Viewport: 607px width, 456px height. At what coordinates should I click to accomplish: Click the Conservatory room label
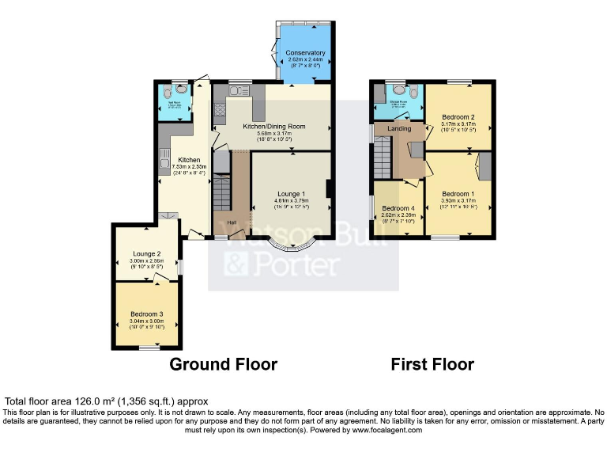pos(305,53)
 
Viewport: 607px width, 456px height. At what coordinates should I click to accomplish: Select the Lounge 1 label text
pos(291,193)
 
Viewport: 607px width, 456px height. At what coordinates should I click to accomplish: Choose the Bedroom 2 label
pos(458,116)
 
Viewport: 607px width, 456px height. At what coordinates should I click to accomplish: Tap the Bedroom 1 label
pos(458,194)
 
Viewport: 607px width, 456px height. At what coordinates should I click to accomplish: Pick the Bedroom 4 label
pos(398,210)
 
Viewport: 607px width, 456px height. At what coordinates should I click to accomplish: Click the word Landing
pos(398,129)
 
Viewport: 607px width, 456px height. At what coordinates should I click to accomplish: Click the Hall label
pos(232,222)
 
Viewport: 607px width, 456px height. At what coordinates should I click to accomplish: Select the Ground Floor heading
pos(224,365)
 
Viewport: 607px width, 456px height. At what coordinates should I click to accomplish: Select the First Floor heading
pos(432,365)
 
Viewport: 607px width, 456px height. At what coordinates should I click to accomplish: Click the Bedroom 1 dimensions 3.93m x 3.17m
pos(458,201)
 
